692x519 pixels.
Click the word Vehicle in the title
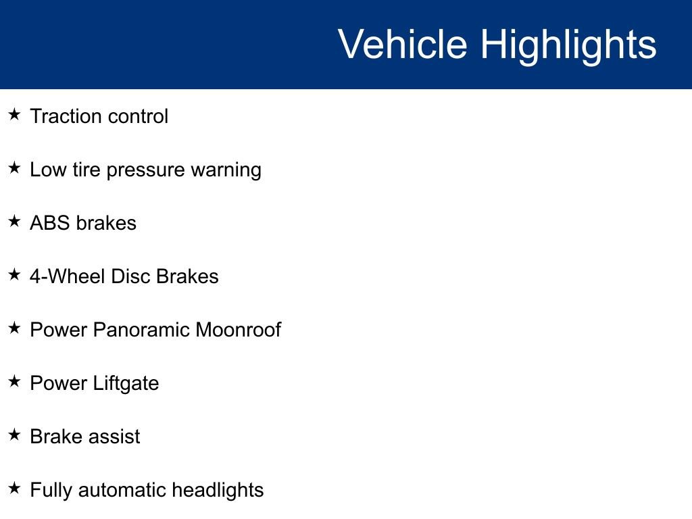[402, 45]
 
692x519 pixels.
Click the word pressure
[145, 170]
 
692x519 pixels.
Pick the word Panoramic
[141, 330]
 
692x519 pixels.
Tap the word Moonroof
[238, 330]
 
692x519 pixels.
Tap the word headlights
[218, 490]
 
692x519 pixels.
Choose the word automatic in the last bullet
[122, 490]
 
